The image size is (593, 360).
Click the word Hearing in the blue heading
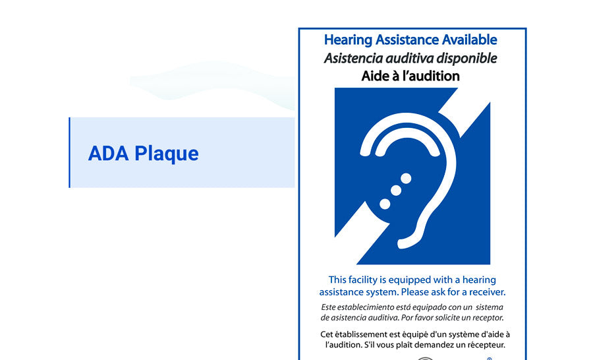coord(349,40)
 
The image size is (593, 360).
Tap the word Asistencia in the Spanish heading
coord(353,58)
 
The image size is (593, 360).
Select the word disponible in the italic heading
coord(466,58)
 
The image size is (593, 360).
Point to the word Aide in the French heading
coord(374,76)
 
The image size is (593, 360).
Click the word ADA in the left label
coord(108,154)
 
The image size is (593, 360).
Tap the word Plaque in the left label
coord(167,154)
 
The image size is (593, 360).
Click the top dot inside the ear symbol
coord(406,178)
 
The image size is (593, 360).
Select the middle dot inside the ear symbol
coord(396,191)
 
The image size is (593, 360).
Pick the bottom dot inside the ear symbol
coord(385,204)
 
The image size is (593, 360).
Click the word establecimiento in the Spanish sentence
coord(364,307)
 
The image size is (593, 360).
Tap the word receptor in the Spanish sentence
coord(488,318)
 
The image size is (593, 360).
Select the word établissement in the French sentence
coord(356,334)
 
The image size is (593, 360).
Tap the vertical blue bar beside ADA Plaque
coord(70,152)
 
